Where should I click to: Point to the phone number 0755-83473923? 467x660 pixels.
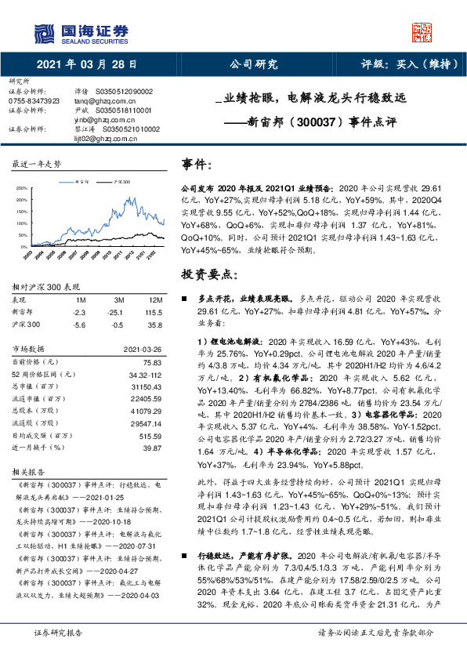tap(34, 100)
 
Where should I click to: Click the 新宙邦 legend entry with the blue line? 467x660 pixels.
tap(78, 180)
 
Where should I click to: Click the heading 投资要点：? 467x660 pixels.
tap(208, 274)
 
